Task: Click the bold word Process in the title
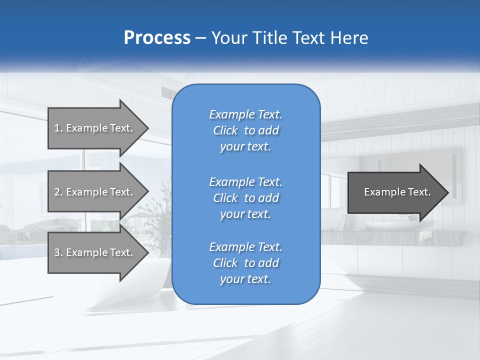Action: pyautogui.click(x=157, y=38)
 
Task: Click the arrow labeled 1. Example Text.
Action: pyautogui.click(x=95, y=128)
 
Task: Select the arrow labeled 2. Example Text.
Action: pyautogui.click(x=95, y=192)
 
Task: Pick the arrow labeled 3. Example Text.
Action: pyautogui.click(x=95, y=252)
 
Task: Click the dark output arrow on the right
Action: pyautogui.click(x=395, y=192)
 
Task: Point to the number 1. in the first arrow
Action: pyautogui.click(x=58, y=128)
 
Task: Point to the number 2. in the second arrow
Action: pyautogui.click(x=58, y=192)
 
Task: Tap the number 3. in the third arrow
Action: pyautogui.click(x=58, y=252)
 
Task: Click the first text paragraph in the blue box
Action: pyautogui.click(x=245, y=130)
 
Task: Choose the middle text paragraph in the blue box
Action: pyautogui.click(x=245, y=197)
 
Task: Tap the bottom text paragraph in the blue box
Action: pyautogui.click(x=245, y=263)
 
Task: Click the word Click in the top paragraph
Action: pyautogui.click(x=225, y=130)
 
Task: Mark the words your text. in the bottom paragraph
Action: pyautogui.click(x=245, y=279)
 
